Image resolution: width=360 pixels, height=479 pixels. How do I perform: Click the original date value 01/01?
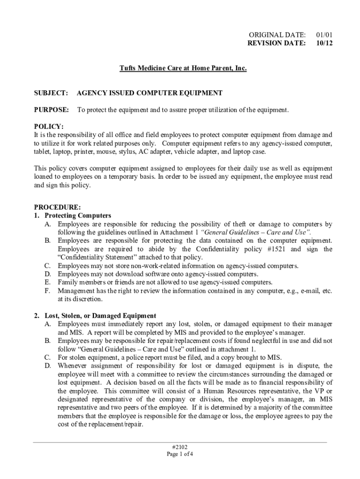pos(324,35)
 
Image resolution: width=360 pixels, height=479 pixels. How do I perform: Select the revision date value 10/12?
pos(324,43)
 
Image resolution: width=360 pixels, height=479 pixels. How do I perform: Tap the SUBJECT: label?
pos(51,93)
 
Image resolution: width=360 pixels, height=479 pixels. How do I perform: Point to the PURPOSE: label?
pos(52,110)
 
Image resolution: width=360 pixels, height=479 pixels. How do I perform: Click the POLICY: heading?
pos(49,126)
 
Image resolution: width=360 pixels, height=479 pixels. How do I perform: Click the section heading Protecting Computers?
pos(78,216)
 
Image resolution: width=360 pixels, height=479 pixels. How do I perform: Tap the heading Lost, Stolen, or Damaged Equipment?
pos(100,316)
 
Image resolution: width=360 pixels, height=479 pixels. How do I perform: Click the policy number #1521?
pos(283,249)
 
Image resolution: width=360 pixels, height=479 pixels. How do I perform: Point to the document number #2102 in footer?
pos(180,446)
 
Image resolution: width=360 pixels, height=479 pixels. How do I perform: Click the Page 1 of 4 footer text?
pos(180,454)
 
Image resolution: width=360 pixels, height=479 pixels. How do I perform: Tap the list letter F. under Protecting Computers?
pos(47,291)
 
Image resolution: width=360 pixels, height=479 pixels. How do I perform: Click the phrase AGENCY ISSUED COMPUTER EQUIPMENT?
pos(150,93)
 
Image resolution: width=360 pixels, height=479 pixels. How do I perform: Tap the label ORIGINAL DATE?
pos(277,35)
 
